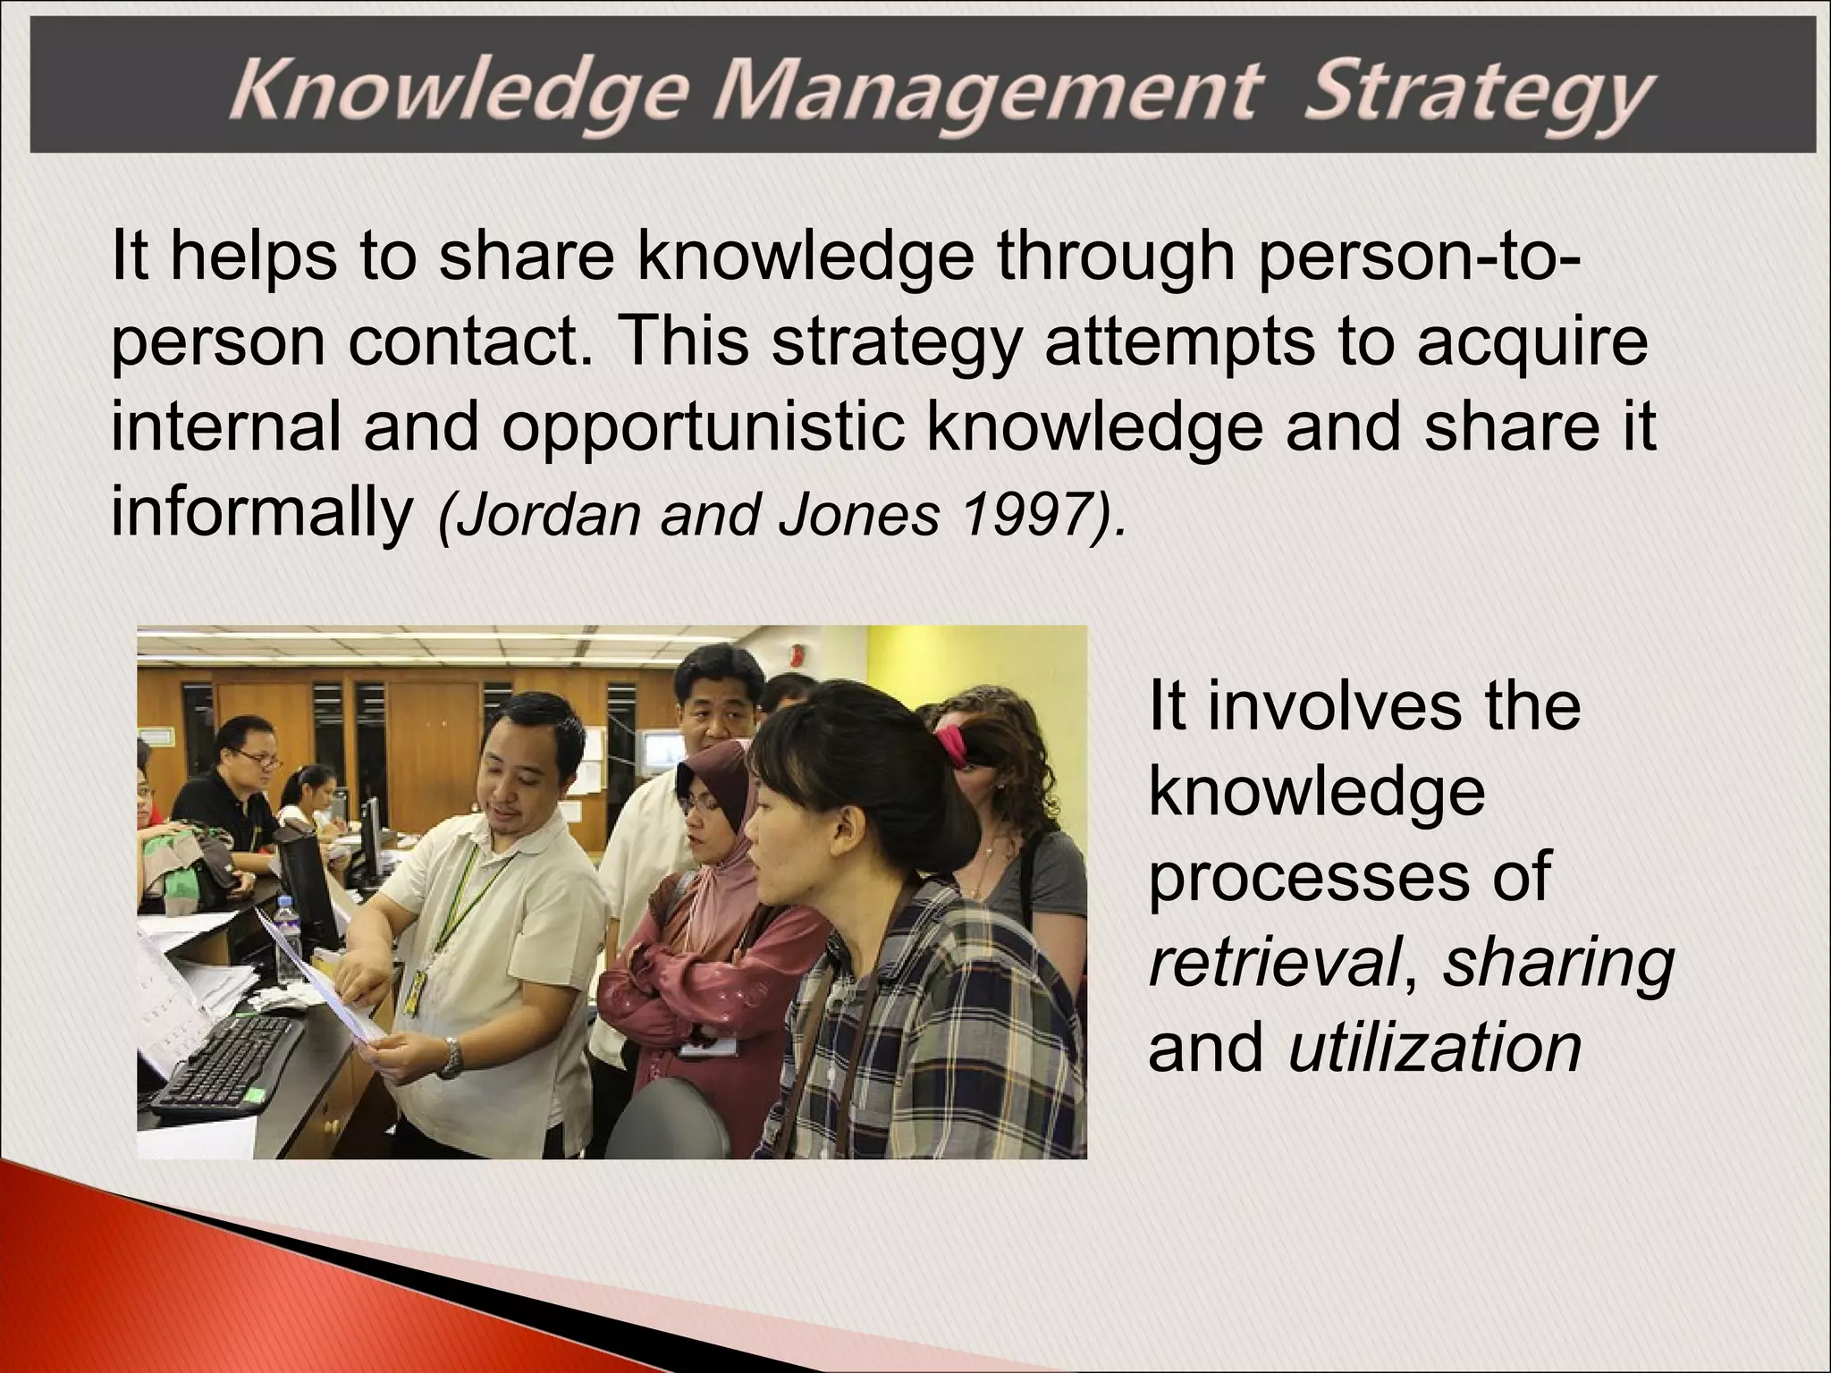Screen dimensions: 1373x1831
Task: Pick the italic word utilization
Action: coord(1436,1048)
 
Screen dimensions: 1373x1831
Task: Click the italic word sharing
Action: coord(1558,964)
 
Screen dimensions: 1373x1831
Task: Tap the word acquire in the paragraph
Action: coord(1531,342)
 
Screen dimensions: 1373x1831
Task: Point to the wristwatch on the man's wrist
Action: coord(452,1057)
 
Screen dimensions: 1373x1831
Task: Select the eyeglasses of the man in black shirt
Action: coord(256,760)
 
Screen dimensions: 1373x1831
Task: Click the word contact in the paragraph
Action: coord(470,342)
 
